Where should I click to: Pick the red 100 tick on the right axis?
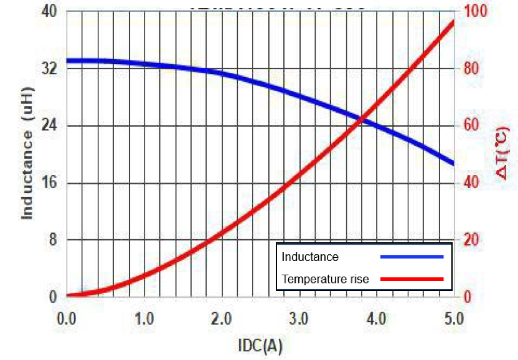(477, 11)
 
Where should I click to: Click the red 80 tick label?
(474, 69)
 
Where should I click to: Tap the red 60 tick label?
(474, 126)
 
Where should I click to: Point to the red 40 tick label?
(474, 183)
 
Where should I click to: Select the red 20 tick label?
(474, 240)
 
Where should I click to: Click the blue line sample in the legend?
(412, 257)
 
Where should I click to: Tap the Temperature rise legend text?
(325, 279)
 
